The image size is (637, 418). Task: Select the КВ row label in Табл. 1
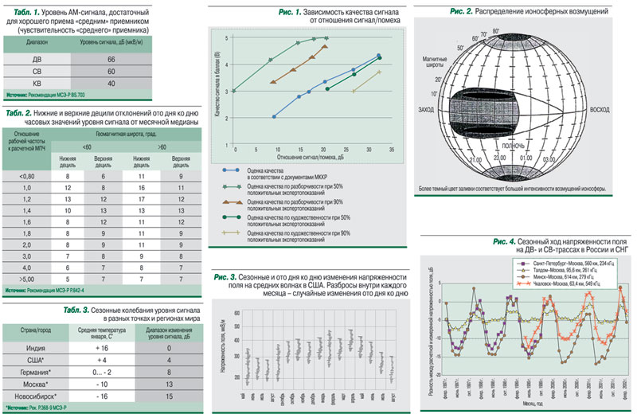click(37, 83)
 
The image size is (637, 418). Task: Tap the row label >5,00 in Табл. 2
click(27, 280)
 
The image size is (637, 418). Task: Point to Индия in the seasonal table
click(37, 349)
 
